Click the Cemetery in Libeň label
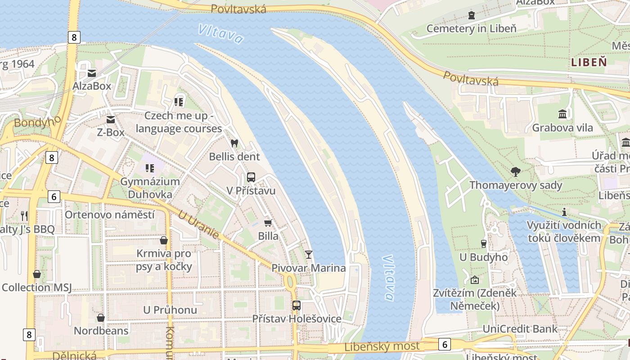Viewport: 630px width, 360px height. coord(471,29)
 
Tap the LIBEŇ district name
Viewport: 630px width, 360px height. coord(589,63)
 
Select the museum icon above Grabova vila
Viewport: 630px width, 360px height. coord(562,114)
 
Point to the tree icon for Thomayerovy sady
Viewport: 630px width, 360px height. coord(516,171)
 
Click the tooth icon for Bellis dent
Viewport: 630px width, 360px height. coord(234,144)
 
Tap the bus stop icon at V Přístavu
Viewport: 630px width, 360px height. coord(251,177)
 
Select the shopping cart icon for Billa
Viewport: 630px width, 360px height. coord(268,223)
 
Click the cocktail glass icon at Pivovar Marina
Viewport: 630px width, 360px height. coord(309,255)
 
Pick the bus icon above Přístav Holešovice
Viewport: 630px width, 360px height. coord(297,306)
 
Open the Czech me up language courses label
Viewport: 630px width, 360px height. coord(179,122)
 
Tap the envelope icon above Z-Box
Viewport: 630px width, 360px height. coord(111,120)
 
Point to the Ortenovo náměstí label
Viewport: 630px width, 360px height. coord(109,215)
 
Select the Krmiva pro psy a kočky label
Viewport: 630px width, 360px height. coord(164,260)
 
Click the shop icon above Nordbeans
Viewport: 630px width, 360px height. coord(101,318)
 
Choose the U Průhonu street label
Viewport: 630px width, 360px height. coord(170,310)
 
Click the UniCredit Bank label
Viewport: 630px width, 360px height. coord(520,329)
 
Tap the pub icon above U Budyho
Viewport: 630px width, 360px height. coord(483,244)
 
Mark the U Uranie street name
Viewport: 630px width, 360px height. coord(198,225)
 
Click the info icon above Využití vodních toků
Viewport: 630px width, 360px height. coord(564,212)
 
